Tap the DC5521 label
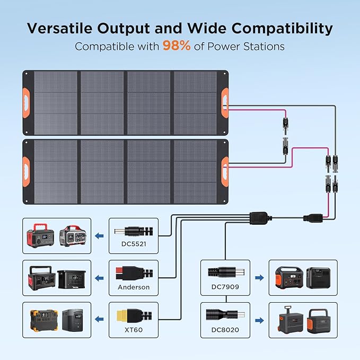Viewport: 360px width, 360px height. point(134,244)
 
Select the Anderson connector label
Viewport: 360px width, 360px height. point(134,287)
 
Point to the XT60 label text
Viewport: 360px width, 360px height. point(134,329)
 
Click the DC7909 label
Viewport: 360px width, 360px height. point(225,287)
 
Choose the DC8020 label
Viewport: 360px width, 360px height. point(225,329)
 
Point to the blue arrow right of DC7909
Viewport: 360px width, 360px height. point(259,277)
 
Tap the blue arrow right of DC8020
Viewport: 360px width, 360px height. point(259,320)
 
